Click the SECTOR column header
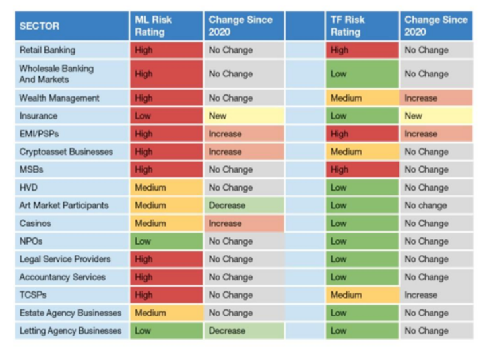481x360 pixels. (40, 26)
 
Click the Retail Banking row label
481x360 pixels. (48, 50)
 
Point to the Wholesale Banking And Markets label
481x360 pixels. (57, 74)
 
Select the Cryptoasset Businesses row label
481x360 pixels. (66, 152)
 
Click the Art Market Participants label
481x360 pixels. (64, 205)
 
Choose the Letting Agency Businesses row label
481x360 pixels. (71, 331)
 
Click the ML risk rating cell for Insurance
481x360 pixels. (166, 116)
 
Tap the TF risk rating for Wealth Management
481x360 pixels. (362, 98)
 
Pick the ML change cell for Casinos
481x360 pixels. (243, 224)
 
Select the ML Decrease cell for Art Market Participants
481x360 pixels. (243, 205)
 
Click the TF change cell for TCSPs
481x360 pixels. (435, 295)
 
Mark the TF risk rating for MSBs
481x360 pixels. (362, 169)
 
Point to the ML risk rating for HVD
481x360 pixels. (166, 187)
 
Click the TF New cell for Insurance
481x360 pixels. (435, 116)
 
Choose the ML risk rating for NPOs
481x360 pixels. (166, 241)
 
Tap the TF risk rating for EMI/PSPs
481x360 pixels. (362, 134)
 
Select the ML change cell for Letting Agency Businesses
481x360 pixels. (243, 331)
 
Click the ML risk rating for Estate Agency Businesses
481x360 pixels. (166, 313)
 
